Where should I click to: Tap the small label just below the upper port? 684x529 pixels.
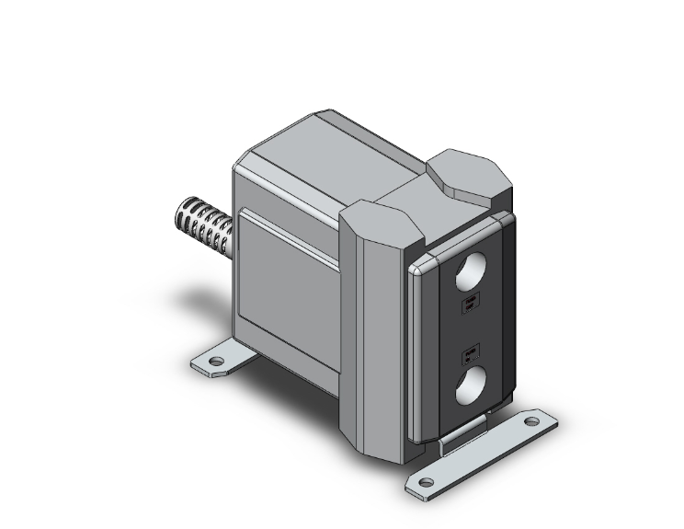click(x=469, y=305)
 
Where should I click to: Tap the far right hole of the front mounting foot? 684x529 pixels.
click(x=530, y=423)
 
